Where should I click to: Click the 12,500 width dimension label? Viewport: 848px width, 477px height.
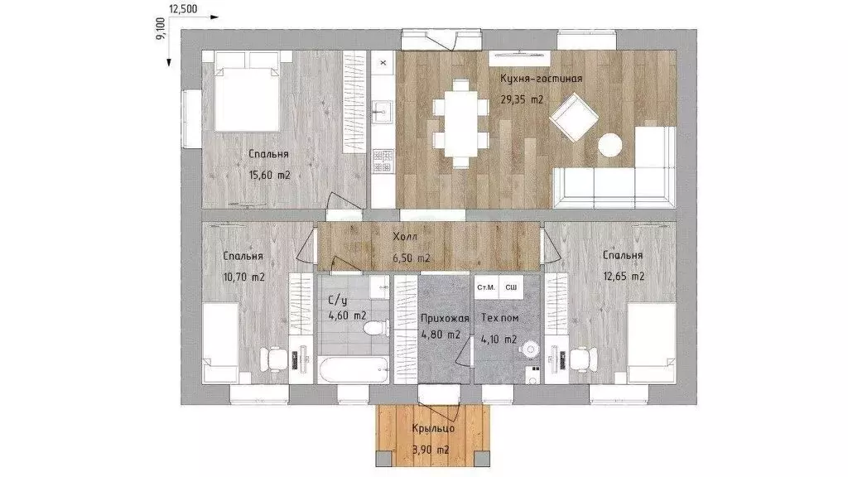[x=183, y=8]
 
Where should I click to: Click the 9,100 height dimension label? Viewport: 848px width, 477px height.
[x=160, y=29]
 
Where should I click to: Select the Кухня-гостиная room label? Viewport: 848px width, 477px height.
[x=542, y=79]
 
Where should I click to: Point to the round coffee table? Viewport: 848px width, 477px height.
[x=610, y=145]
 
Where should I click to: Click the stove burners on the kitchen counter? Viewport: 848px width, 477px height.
[x=383, y=161]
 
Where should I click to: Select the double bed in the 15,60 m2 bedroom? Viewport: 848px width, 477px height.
[x=248, y=92]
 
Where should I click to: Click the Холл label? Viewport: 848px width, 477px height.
[x=405, y=236]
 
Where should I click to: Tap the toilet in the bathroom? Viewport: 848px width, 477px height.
[x=376, y=328]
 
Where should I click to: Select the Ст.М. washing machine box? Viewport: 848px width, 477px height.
[x=486, y=287]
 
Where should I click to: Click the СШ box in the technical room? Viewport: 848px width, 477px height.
[x=511, y=287]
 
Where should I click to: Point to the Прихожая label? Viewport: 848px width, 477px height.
[x=445, y=318]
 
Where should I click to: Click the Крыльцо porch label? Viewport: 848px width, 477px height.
[x=432, y=428]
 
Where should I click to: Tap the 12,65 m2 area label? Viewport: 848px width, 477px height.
[x=624, y=277]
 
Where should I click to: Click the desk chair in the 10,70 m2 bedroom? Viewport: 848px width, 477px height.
[x=272, y=358]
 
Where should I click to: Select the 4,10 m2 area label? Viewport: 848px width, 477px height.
[x=499, y=340]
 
